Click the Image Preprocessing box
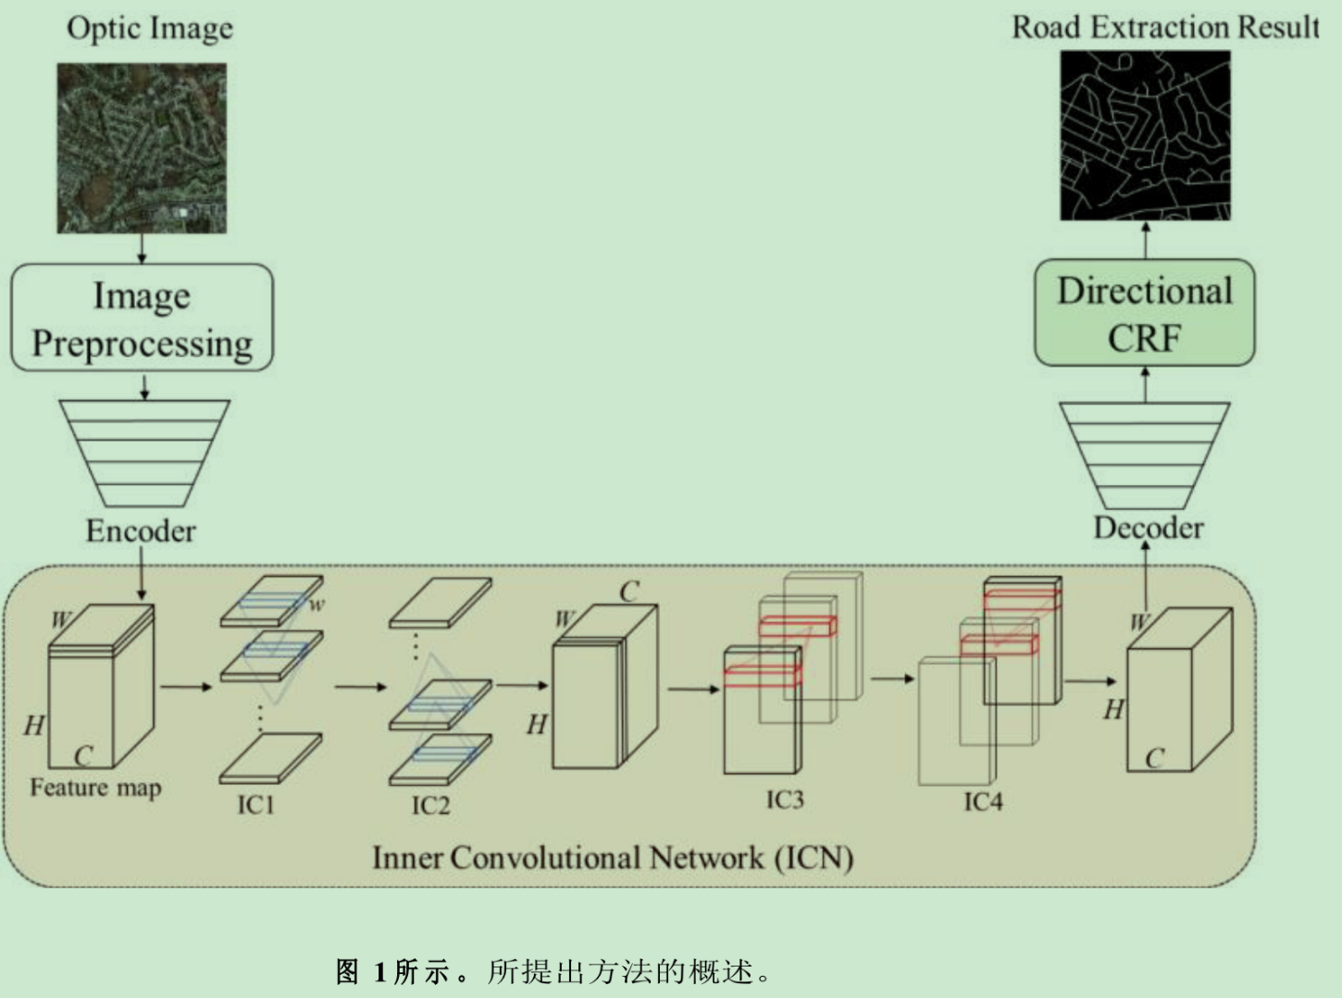point(142,318)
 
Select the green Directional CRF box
point(1144,313)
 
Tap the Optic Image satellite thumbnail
point(142,148)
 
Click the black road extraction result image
point(1145,135)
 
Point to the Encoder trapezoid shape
point(143,453)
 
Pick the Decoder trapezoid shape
point(1144,454)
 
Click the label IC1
point(255,804)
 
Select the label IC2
point(430,805)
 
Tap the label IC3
point(784,799)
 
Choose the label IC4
point(983,801)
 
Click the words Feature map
point(95,788)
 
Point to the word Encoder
point(141,530)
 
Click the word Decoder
point(1148,528)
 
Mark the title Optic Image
point(150,28)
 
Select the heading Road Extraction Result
point(1165,27)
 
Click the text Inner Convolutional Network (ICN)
point(612,857)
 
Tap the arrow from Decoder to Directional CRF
point(1145,384)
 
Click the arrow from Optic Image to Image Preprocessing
point(142,248)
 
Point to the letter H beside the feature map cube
point(34,724)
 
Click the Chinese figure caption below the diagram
point(553,971)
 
